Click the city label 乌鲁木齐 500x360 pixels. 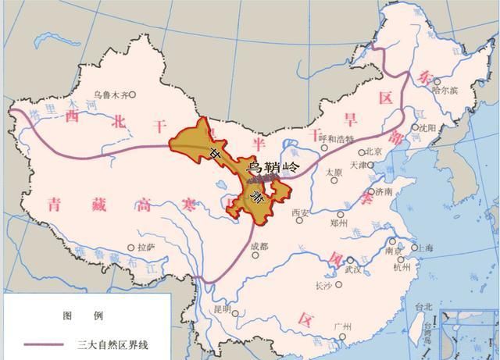tap(109, 94)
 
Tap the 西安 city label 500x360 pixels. tap(301, 212)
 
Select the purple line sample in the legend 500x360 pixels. tap(44, 343)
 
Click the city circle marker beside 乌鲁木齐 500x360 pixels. tap(133, 94)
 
